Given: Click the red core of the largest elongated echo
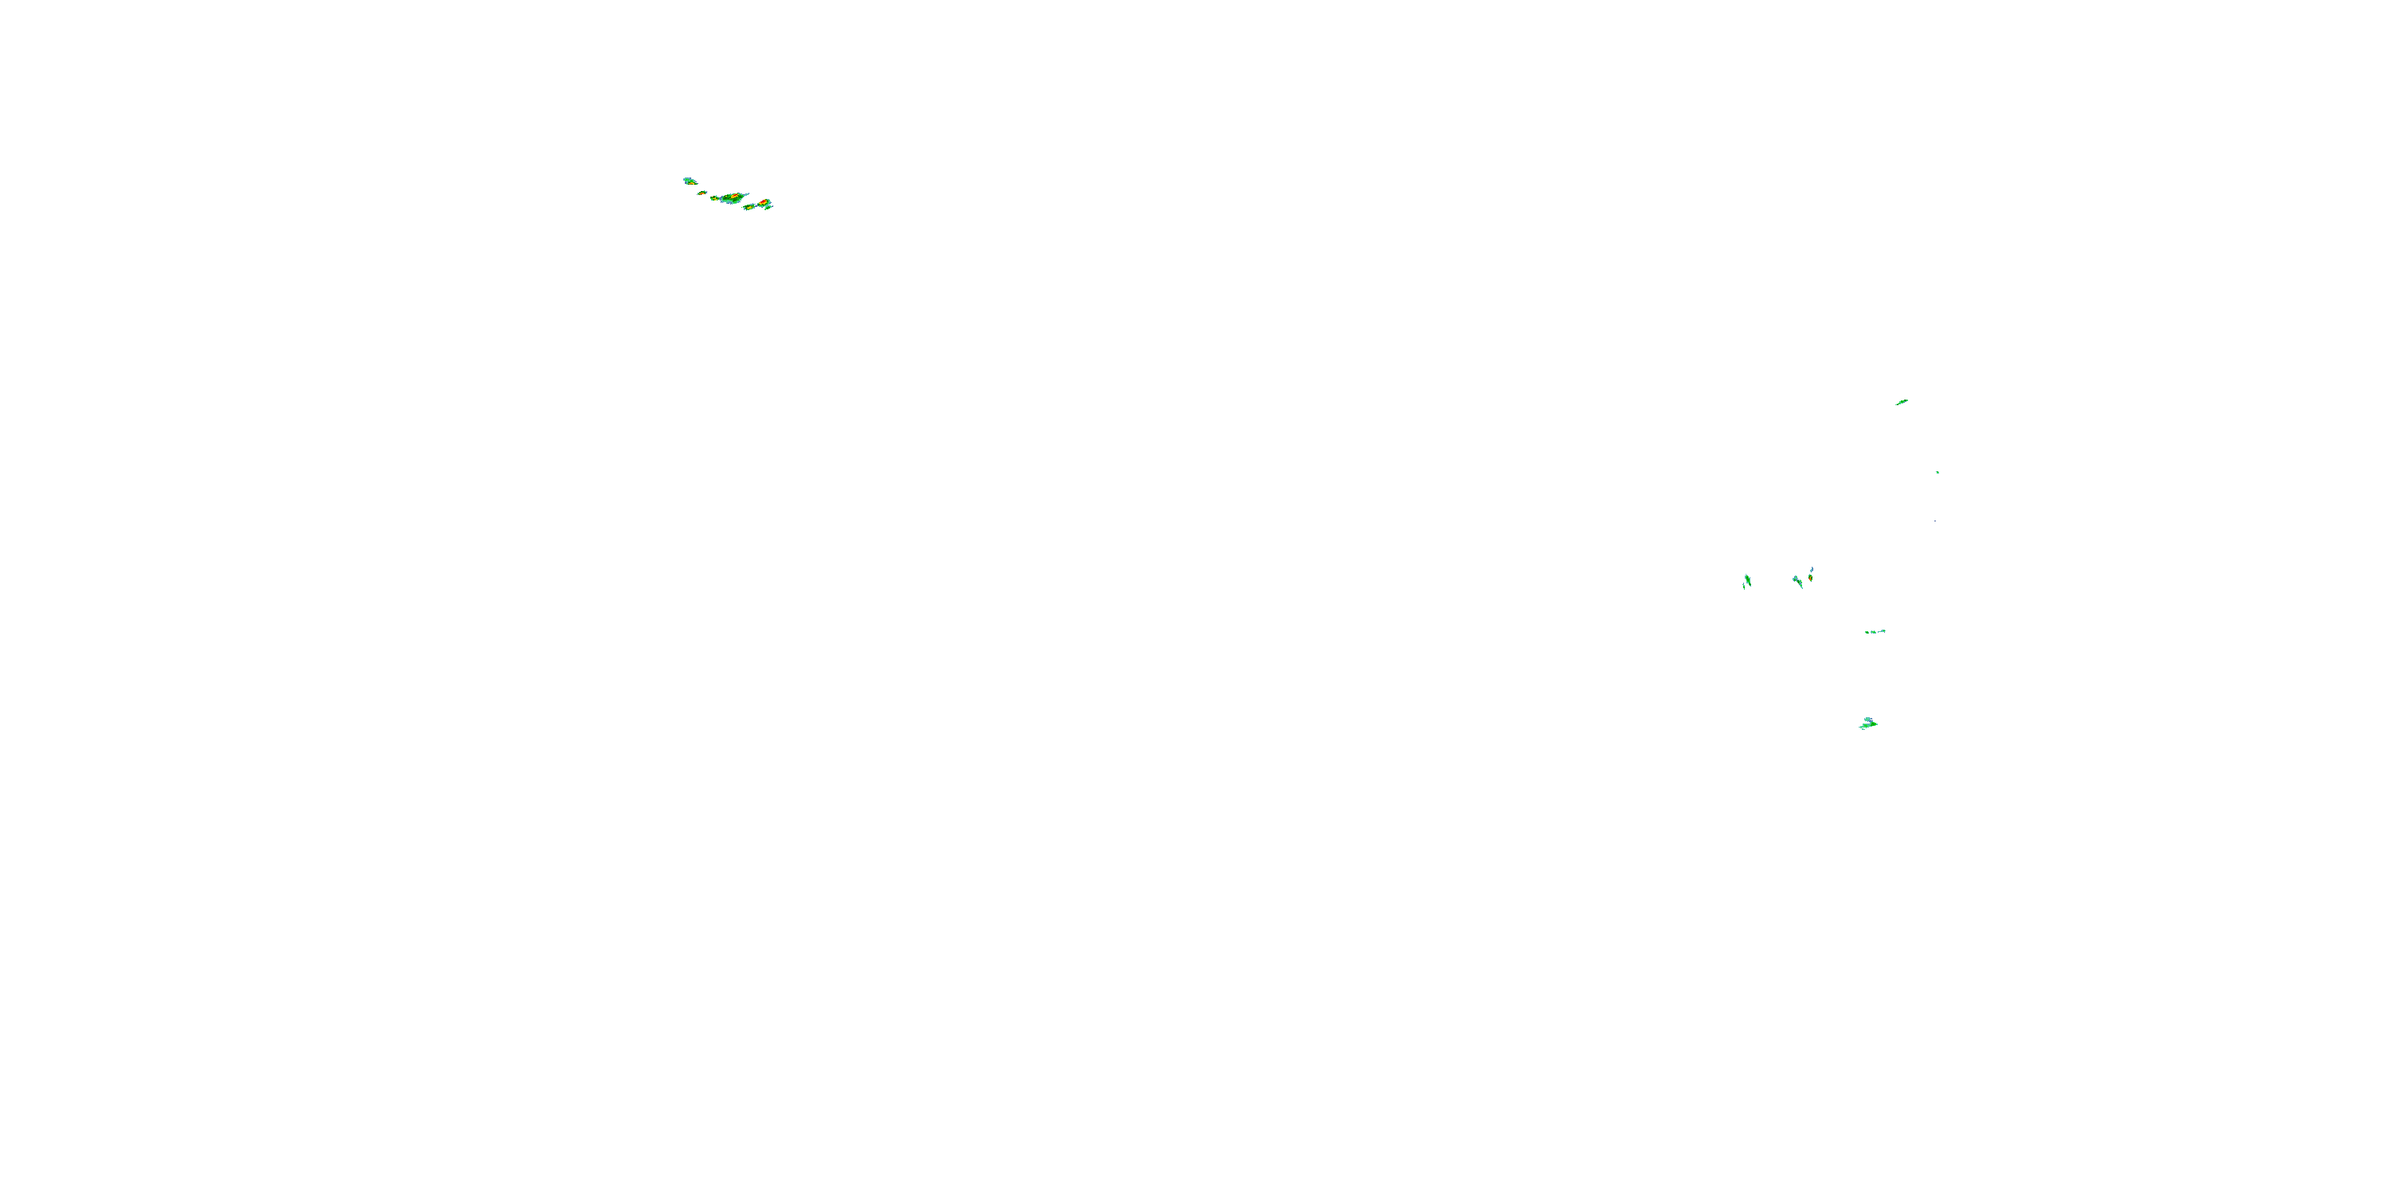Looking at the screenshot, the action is point(736,196).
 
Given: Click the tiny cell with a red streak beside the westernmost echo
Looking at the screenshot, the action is point(703,193).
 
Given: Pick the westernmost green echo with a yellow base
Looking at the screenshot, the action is point(690,181).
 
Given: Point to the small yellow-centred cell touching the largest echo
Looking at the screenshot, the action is point(715,198).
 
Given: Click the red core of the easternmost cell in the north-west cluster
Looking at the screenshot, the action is point(763,202).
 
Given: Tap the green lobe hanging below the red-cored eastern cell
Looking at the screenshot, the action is point(767,208).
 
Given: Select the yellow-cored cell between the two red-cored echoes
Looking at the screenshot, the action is point(749,208).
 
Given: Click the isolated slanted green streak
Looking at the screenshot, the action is point(1901,402).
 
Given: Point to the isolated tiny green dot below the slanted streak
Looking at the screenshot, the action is point(1937,473).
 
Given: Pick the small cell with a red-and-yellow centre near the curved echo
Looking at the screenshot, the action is point(1810,579).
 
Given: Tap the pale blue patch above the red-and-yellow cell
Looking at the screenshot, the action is point(1812,570).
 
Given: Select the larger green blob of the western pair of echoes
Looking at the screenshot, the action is point(1748,580).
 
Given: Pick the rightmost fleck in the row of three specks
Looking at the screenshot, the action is point(1883,631).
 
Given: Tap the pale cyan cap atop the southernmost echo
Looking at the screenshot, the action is point(1867,720).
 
